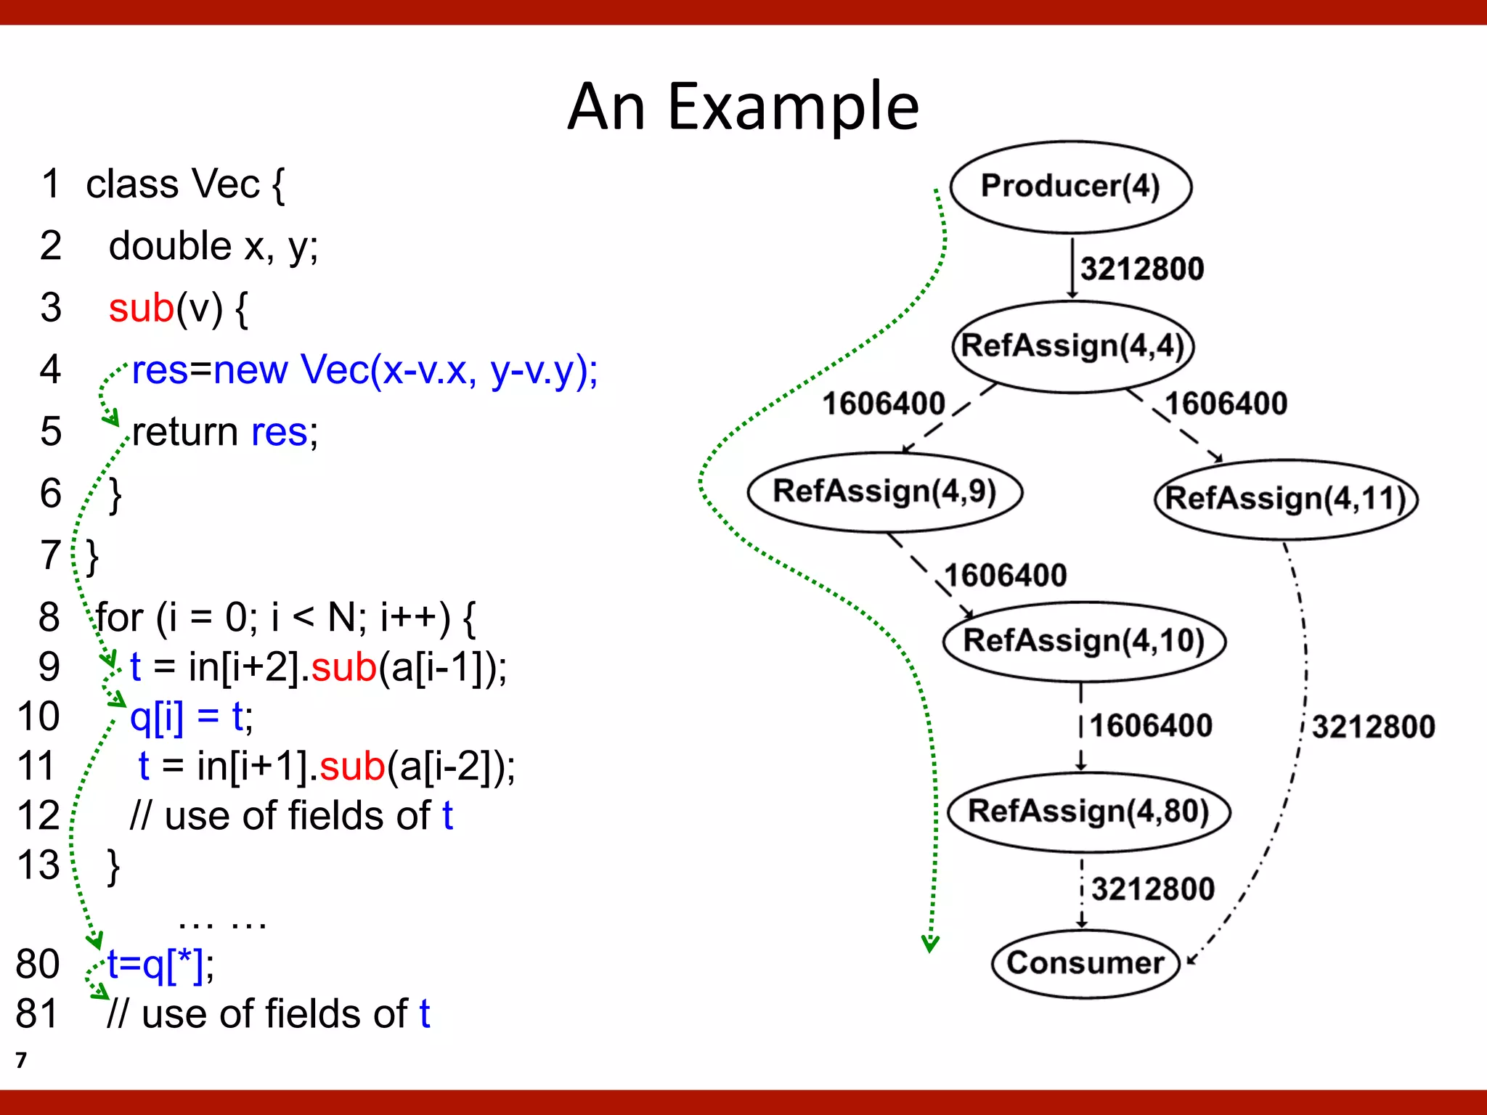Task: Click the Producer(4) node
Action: point(1071,187)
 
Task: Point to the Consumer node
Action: point(1085,963)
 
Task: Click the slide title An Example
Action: point(743,107)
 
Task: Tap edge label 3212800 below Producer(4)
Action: point(1141,269)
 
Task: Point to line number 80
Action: point(38,964)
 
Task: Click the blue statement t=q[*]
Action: point(159,964)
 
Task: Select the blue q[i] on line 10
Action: point(157,716)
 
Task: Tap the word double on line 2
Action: point(170,246)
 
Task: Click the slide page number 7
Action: point(21,1061)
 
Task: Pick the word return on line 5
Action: point(185,432)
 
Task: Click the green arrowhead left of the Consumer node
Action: point(930,944)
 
